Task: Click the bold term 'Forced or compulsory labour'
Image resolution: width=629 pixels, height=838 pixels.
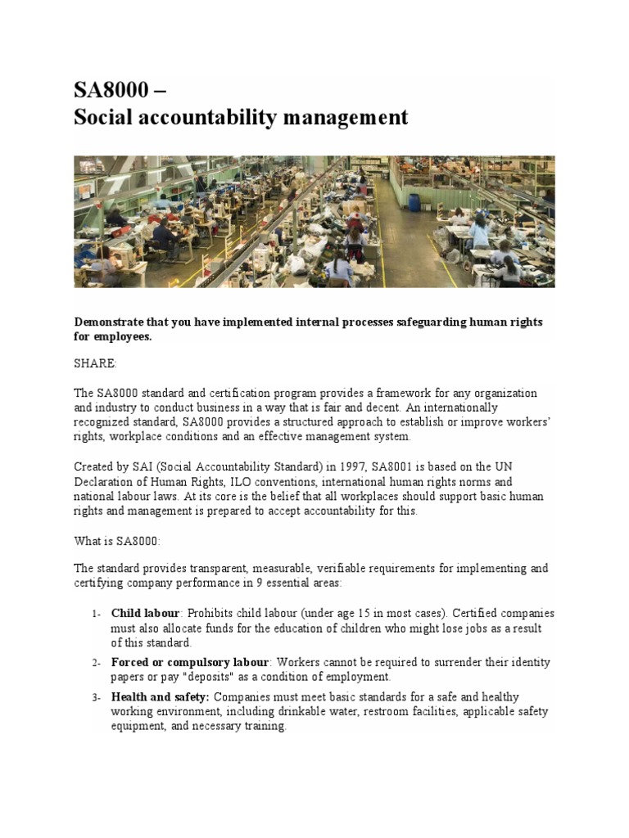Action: pos(189,662)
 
